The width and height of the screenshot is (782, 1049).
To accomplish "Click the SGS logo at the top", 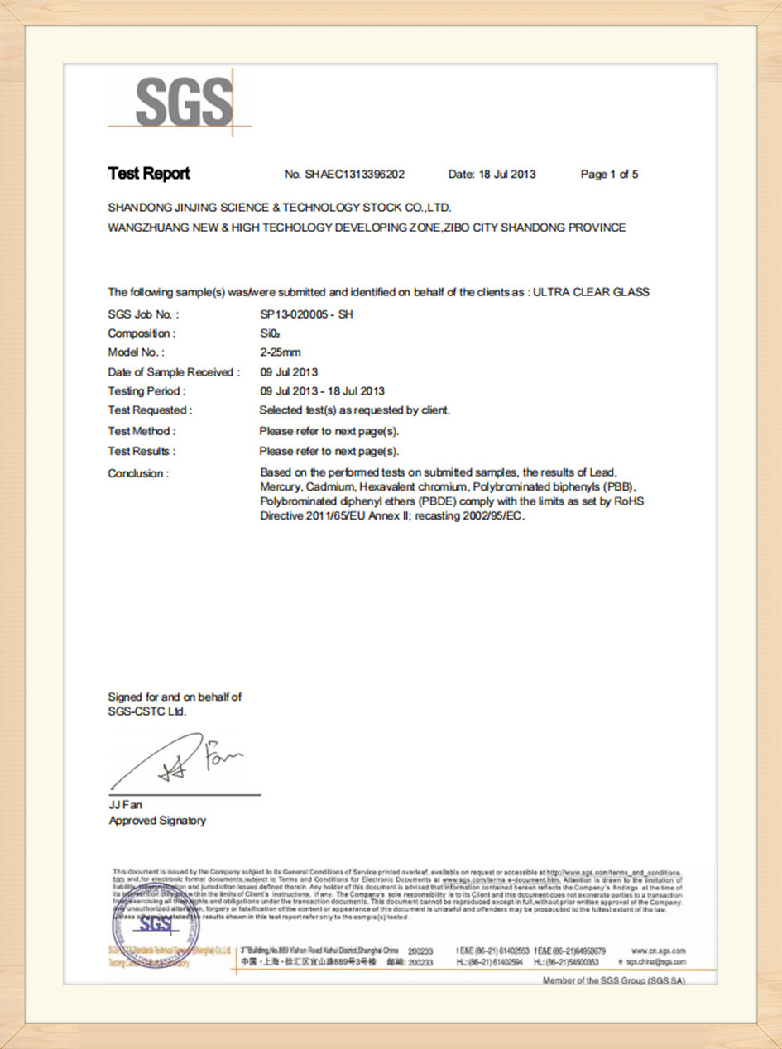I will pyautogui.click(x=184, y=101).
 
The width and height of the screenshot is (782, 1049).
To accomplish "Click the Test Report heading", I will pyautogui.click(x=149, y=174).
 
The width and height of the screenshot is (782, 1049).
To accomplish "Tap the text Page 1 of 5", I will pyautogui.click(x=609, y=175).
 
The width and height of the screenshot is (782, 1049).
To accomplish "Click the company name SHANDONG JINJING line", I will pyautogui.click(x=280, y=208).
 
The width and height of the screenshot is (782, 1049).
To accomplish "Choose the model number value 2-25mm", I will pyautogui.click(x=281, y=352).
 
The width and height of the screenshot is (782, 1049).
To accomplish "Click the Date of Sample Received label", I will pyautogui.click(x=174, y=372).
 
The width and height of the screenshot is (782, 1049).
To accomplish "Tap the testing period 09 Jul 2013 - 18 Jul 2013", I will pyautogui.click(x=322, y=391).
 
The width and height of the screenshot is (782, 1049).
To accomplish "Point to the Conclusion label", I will pyautogui.click(x=138, y=474).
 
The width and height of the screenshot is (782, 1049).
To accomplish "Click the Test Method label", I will pyautogui.click(x=142, y=431).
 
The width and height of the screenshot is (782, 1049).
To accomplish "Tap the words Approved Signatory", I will pyautogui.click(x=157, y=821).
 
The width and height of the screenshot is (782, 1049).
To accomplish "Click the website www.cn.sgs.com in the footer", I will pyautogui.click(x=658, y=951).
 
